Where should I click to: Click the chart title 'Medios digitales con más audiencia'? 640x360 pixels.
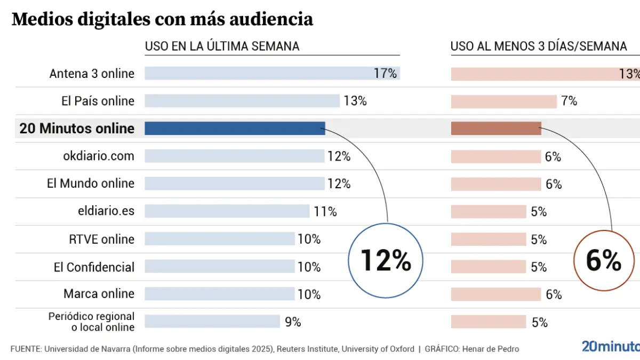tap(162, 20)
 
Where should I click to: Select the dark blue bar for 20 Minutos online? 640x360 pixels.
tap(235, 128)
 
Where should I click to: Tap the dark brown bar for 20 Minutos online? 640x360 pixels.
tap(496, 128)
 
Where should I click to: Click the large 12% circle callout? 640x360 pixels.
tap(385, 261)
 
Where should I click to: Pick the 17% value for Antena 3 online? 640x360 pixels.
tap(385, 73)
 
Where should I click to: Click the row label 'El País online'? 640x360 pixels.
tap(98, 101)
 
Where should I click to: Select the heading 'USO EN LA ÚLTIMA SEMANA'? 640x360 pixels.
tap(222, 46)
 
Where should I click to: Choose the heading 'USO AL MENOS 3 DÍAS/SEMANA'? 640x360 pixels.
tap(539, 46)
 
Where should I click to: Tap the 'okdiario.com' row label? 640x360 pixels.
tap(99, 156)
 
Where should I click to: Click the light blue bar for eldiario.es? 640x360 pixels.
tap(227, 211)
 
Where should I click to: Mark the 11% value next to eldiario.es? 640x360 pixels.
tap(325, 212)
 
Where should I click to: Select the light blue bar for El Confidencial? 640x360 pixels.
tap(219, 266)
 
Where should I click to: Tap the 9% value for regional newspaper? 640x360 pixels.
tap(293, 322)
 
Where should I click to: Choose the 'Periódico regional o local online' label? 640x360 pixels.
tap(91, 322)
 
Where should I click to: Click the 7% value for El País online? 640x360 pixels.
tap(569, 101)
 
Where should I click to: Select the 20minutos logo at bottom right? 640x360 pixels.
tap(611, 346)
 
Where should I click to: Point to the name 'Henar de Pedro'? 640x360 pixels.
tap(491, 349)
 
